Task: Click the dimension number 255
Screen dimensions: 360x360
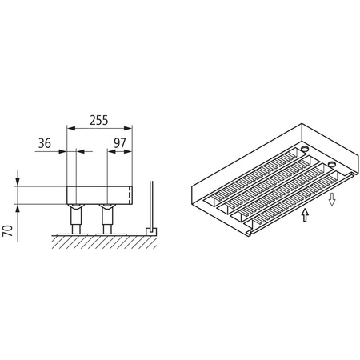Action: pyautogui.click(x=98, y=120)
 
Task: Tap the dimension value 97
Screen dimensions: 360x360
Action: pyautogui.click(x=119, y=143)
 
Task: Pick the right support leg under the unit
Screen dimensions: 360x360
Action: pyautogui.click(x=107, y=216)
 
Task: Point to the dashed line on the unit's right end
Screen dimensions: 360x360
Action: pyautogui.click(x=130, y=195)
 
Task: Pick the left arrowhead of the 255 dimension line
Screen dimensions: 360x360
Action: pyautogui.click(x=70, y=128)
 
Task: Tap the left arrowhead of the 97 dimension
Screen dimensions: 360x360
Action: pyautogui.click(x=110, y=150)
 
